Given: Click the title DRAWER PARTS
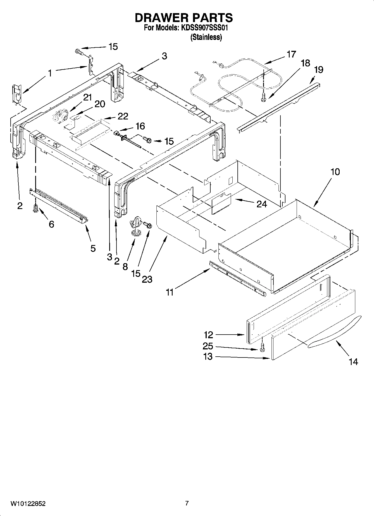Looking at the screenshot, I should pyautogui.click(x=184, y=18).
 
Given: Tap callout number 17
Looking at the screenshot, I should pyautogui.click(x=291, y=54).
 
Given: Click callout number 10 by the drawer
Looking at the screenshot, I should pyautogui.click(x=335, y=172).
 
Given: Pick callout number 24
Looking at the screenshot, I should pyautogui.click(x=261, y=204).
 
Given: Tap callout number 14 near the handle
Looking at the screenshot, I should pyautogui.click(x=353, y=362).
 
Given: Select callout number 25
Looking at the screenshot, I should pyautogui.click(x=208, y=346).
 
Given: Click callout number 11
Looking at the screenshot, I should pyautogui.click(x=170, y=292).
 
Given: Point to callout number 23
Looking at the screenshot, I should pyautogui.click(x=147, y=279).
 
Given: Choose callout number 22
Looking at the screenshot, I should pyautogui.click(x=123, y=116).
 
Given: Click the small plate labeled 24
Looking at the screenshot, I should pyautogui.click(x=221, y=203).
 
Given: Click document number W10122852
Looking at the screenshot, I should pyautogui.click(x=28, y=504).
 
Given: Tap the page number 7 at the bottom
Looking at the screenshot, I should pyautogui.click(x=187, y=503).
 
